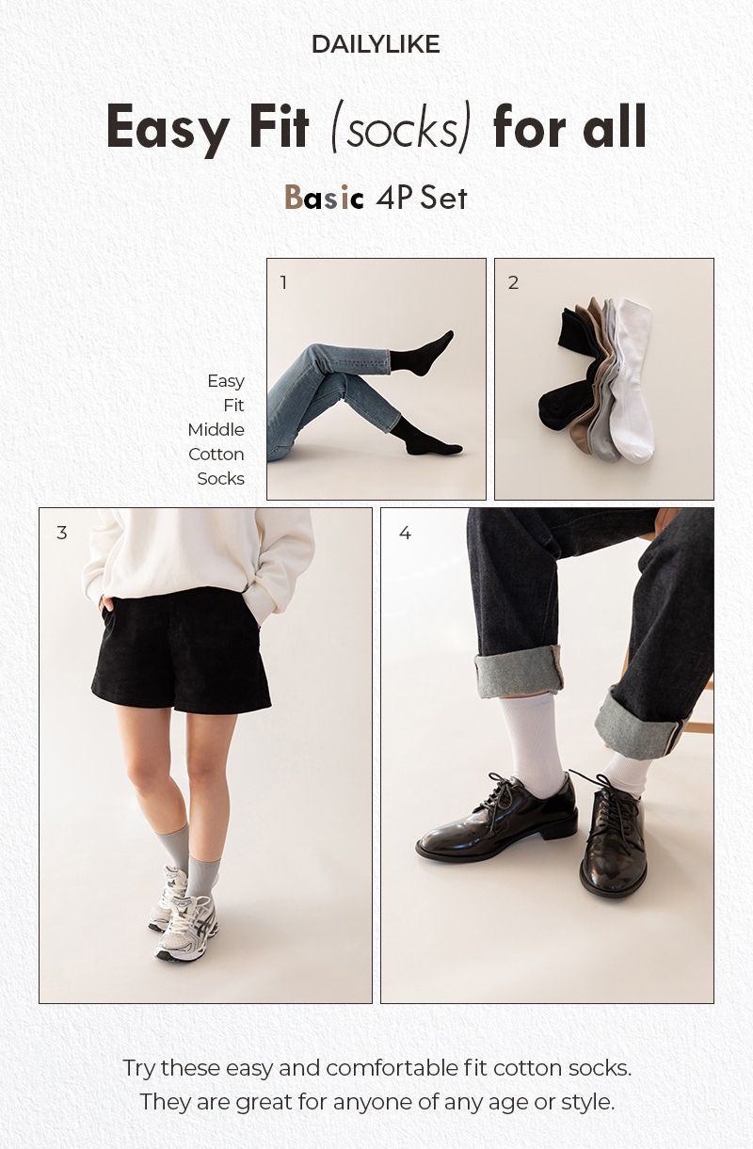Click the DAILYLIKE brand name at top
[x=376, y=44]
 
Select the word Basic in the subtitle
[x=324, y=198]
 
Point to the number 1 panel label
[x=283, y=282]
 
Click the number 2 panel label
[x=513, y=282]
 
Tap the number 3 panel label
[x=61, y=533]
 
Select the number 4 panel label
[x=405, y=533]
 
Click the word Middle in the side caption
[x=216, y=430]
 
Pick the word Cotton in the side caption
[x=216, y=454]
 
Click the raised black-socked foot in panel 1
[x=423, y=354]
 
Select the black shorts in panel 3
[x=181, y=651]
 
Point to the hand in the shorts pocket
[x=105, y=603]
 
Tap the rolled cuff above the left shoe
[x=518, y=672]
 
